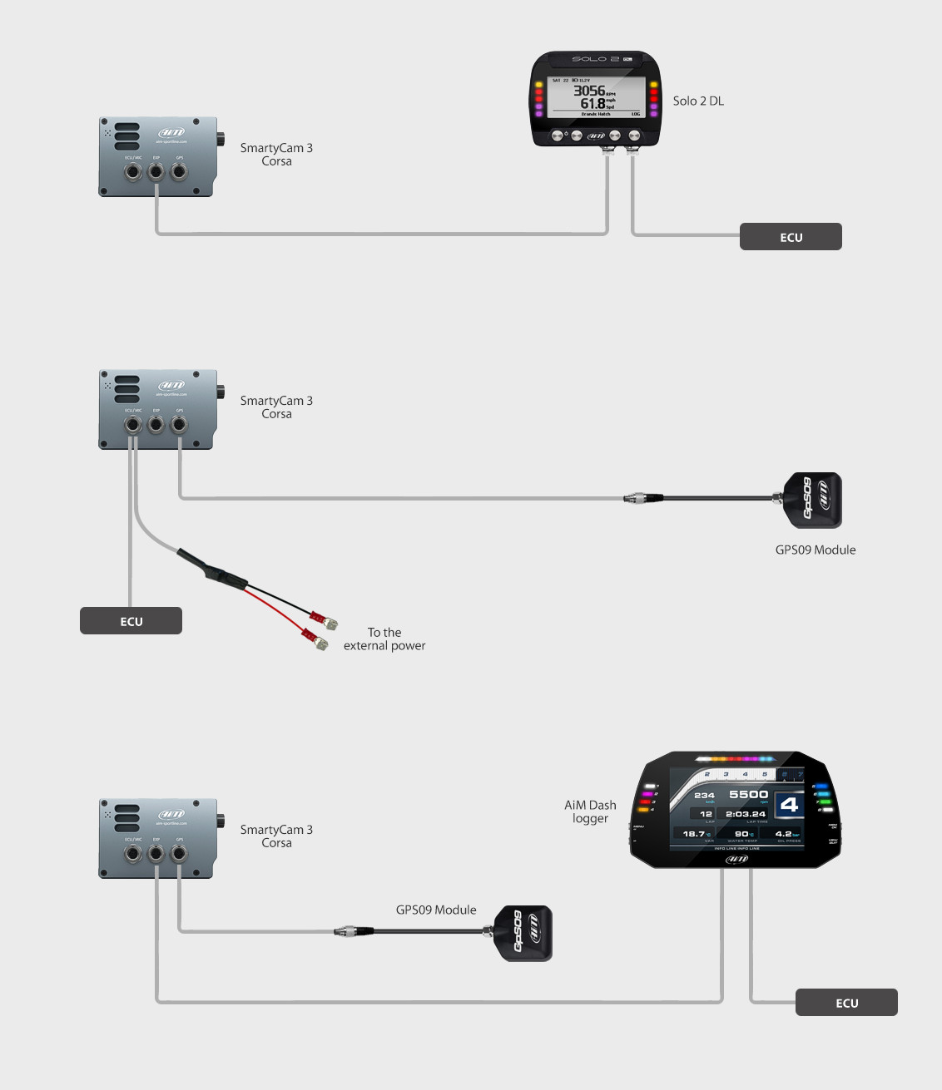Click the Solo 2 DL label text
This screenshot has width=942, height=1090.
[698, 101]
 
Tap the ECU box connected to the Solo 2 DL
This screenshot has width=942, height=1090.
[791, 237]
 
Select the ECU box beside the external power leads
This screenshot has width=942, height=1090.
[131, 621]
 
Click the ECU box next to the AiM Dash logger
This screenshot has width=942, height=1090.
[846, 1003]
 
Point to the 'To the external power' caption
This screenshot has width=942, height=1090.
[384, 639]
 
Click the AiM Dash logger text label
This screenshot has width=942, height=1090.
[590, 811]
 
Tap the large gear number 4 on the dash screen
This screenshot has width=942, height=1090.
[789, 805]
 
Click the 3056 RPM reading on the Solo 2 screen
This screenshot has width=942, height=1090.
[589, 91]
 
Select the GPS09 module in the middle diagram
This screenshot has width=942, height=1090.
[813, 500]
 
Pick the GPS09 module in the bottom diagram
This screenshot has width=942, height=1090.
[523, 933]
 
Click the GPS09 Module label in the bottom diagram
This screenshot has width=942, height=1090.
[436, 910]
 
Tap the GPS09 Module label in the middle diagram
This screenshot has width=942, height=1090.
[816, 550]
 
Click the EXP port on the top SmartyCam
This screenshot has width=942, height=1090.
[156, 172]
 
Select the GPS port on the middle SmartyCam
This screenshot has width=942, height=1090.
[179, 425]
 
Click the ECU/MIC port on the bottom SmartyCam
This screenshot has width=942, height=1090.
[133, 854]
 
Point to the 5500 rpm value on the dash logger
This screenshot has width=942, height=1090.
[748, 795]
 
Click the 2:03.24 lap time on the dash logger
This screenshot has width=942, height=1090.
[745, 815]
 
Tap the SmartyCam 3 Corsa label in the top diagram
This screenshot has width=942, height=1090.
[276, 155]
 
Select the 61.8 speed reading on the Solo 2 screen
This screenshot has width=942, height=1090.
[592, 104]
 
